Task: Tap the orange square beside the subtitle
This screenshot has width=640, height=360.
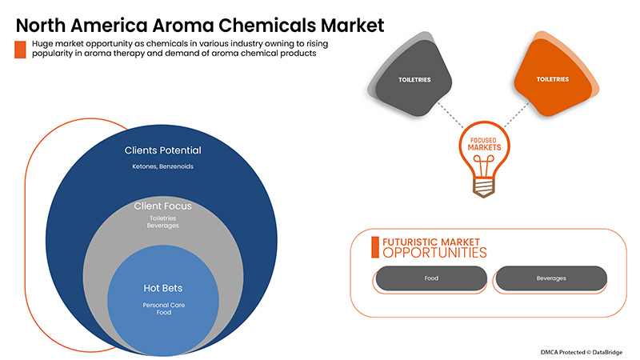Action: (x=20, y=50)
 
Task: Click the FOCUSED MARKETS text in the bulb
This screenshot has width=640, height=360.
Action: (x=484, y=144)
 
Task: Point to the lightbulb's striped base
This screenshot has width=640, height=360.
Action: (x=484, y=187)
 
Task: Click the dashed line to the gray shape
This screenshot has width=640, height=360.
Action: (x=450, y=115)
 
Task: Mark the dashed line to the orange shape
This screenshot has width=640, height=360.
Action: (x=517, y=114)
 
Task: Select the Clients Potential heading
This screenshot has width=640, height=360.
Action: (x=163, y=150)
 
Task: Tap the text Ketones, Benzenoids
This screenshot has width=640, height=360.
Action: (x=163, y=166)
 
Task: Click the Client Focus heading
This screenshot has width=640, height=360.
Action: (x=163, y=206)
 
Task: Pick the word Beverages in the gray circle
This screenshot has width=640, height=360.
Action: (x=163, y=226)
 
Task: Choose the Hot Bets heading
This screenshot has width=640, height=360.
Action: (x=163, y=288)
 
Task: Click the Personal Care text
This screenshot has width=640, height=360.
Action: (x=164, y=306)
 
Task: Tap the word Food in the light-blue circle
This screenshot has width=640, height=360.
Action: (x=164, y=313)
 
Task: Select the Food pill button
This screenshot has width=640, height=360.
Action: (x=431, y=278)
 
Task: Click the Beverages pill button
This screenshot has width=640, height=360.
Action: (x=551, y=278)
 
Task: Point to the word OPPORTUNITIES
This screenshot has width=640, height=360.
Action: (x=434, y=253)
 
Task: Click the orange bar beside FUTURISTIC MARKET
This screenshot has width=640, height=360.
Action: (x=375, y=247)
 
